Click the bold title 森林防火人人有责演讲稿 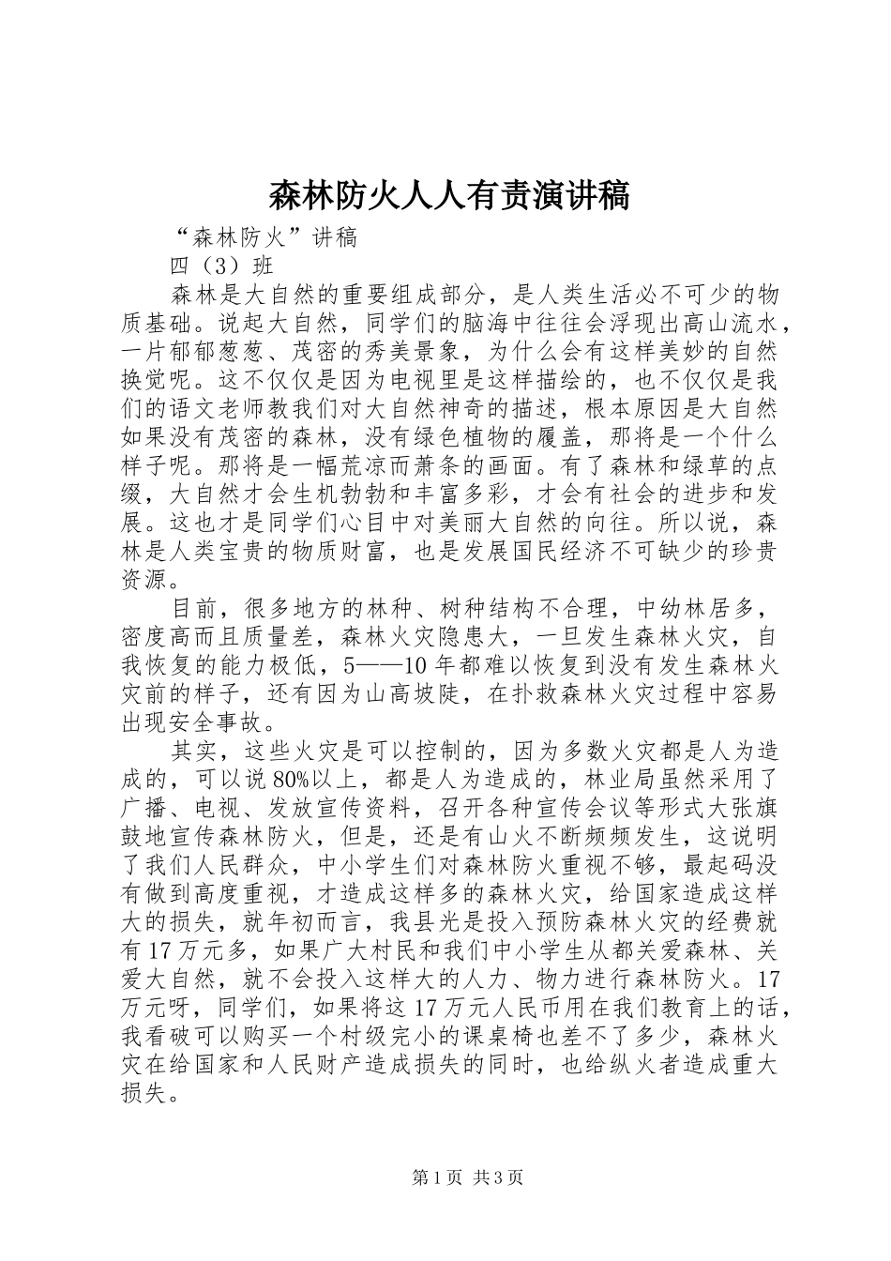tap(449, 196)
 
